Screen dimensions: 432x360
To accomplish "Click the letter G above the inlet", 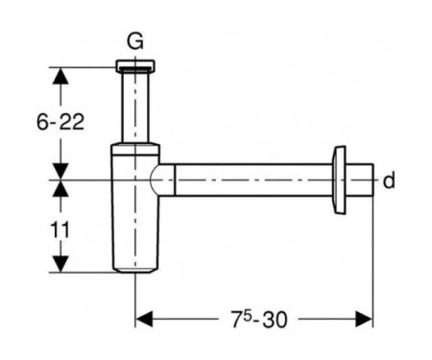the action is point(135,42).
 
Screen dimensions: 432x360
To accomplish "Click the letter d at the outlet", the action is point(389,180).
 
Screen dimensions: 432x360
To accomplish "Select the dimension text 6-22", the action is point(60,122).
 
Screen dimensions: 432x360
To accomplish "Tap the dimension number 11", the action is point(60,230).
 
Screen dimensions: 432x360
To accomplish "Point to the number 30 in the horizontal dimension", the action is point(275,320).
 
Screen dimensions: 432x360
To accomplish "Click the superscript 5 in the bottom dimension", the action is point(247,315).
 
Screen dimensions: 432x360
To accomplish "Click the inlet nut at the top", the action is point(135,65).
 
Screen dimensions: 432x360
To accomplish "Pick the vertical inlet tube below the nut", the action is point(135,107).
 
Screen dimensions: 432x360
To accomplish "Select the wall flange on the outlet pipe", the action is point(339,180).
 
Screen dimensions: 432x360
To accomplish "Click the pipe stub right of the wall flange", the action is point(360,180).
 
